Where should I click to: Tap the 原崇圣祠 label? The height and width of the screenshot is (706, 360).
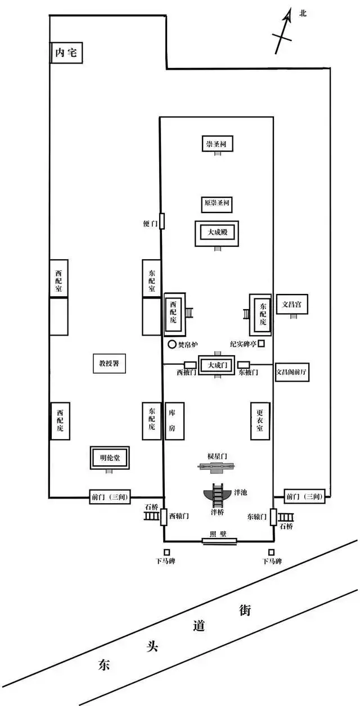[x=217, y=202]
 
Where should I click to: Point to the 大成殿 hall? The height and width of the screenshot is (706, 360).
[x=217, y=232]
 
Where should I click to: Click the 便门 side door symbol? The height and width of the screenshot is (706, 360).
[x=162, y=221]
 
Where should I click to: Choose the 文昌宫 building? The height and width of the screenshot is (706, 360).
[x=292, y=304]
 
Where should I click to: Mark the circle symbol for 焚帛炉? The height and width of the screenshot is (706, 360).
[x=172, y=344]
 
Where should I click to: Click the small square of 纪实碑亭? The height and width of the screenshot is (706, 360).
[x=261, y=343]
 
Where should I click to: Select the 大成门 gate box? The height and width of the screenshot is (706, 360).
[x=217, y=365]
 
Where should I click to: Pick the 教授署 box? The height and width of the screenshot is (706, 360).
[x=109, y=364]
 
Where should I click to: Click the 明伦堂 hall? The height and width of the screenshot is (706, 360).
[x=109, y=458]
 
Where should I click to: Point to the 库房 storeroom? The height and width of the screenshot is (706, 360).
[x=173, y=421]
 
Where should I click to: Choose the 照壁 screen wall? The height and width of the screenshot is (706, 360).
[x=219, y=541]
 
